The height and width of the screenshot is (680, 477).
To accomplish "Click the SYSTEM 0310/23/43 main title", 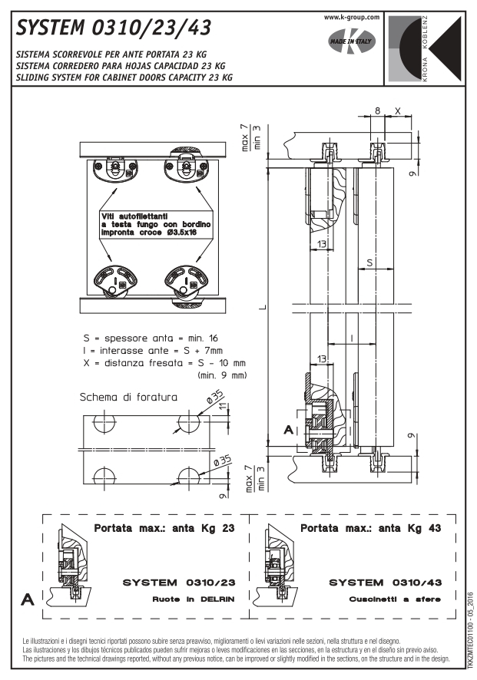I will [111, 27].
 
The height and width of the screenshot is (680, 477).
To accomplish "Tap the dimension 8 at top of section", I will [377, 110].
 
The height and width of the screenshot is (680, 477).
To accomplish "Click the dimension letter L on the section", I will [263, 309].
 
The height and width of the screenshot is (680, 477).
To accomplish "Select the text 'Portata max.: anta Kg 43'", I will [371, 528].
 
